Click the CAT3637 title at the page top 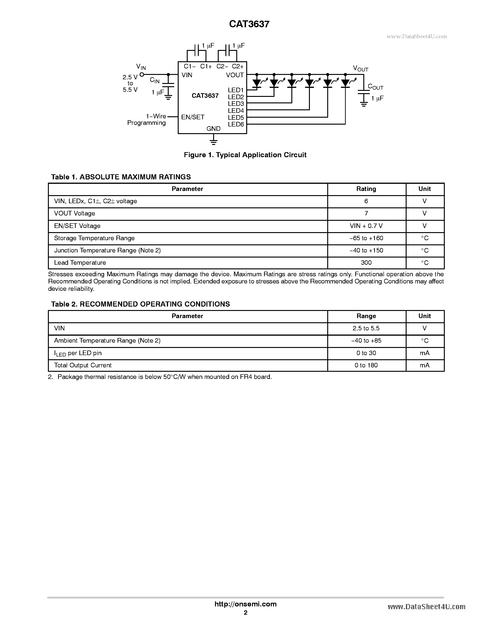249,24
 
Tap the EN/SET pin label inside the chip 193,117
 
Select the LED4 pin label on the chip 236,111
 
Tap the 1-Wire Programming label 147,119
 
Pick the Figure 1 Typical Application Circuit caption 245,155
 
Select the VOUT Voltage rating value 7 366,213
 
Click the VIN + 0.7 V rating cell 366,226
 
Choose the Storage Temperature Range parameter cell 94,238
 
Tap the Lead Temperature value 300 366,263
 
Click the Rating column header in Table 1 366,189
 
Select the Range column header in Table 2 366,316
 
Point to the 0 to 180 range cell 366,366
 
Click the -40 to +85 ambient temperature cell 366,341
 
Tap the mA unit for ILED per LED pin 424,353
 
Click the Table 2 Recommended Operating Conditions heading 140,304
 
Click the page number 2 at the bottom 245,613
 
